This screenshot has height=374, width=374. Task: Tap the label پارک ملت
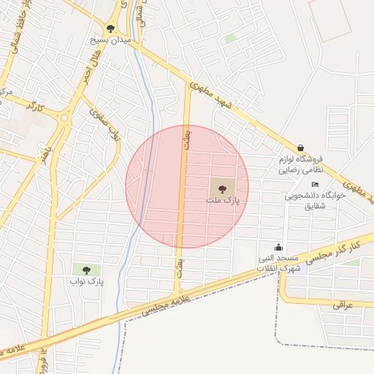point(222,199)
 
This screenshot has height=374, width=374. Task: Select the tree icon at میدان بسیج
point(110,28)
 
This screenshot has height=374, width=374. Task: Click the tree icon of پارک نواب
point(86,270)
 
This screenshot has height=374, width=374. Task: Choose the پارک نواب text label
point(87,280)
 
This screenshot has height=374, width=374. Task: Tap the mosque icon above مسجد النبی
point(278,248)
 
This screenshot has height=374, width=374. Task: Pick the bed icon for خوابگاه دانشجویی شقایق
point(315,184)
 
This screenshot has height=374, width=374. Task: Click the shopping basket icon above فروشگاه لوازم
point(301,147)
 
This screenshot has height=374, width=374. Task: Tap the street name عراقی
point(343,304)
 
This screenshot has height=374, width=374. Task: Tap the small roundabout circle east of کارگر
point(65,117)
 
